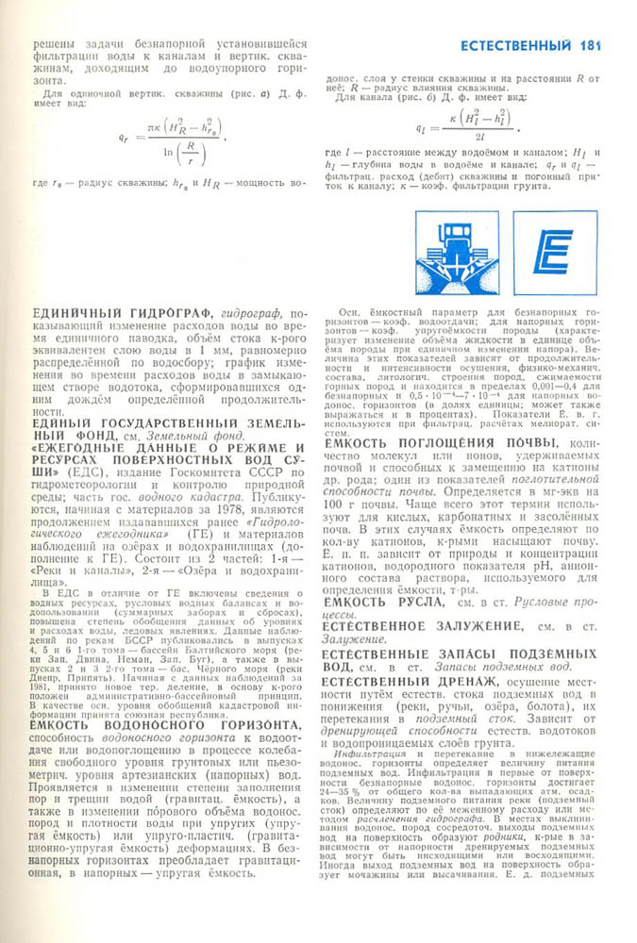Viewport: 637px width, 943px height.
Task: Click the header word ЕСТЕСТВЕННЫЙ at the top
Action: click(x=514, y=45)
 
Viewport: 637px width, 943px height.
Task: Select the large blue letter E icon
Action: click(x=555, y=252)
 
